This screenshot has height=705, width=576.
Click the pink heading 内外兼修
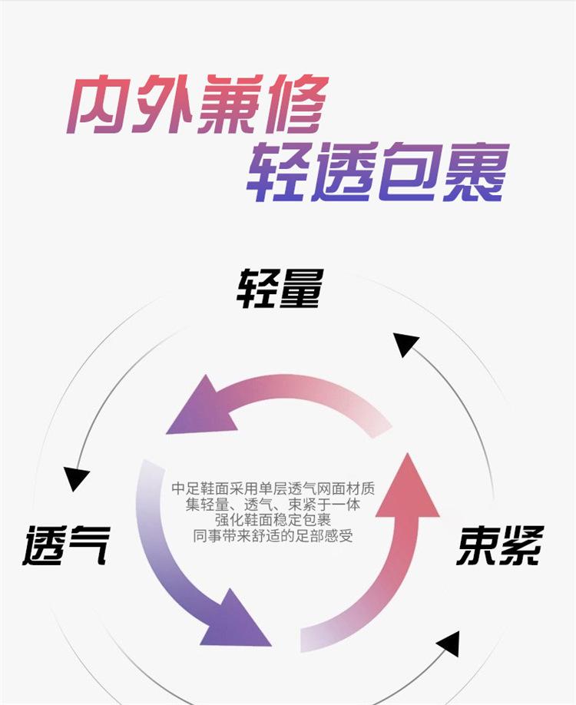point(197,104)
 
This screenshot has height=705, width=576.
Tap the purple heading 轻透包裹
point(378,174)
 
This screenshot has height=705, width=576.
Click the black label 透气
point(66,544)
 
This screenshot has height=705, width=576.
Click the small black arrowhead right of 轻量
point(405,343)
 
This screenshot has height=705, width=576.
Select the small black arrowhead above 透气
point(76,478)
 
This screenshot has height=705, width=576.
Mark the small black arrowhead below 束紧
point(448,644)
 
